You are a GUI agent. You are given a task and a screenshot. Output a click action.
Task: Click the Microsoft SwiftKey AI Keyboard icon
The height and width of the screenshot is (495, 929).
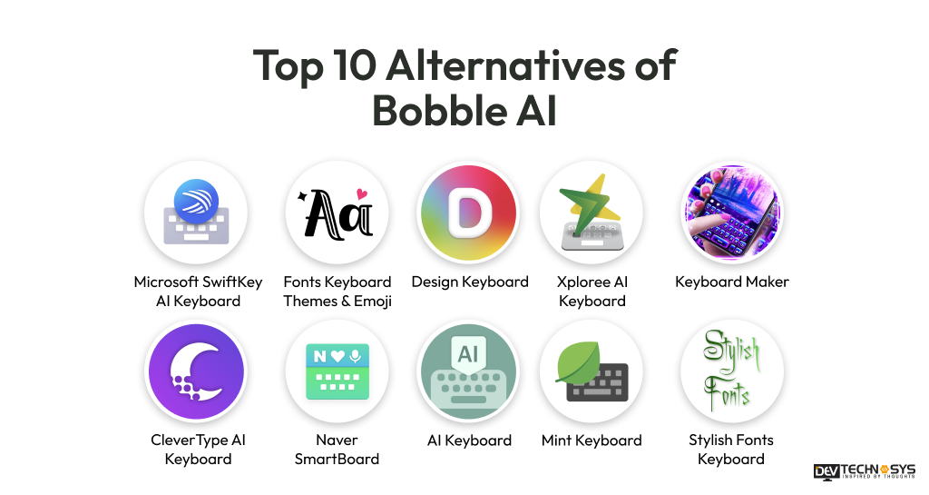[x=196, y=213]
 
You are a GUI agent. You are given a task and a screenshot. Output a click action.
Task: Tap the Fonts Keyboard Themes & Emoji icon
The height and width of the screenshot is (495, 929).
[x=337, y=213]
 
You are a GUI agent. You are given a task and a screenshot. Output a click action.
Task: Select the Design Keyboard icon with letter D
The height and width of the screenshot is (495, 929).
[x=468, y=213]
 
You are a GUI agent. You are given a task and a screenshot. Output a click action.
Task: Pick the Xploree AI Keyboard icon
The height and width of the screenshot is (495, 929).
[x=592, y=213]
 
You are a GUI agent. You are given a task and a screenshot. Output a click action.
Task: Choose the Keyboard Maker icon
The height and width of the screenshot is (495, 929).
[x=731, y=213]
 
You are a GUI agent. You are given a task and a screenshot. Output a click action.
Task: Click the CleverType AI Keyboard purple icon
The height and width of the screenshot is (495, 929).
[x=196, y=371]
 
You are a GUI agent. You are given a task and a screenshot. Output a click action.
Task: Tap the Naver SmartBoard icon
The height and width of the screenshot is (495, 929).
[x=337, y=371]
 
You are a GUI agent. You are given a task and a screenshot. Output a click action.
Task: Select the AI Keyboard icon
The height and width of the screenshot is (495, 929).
[x=468, y=371]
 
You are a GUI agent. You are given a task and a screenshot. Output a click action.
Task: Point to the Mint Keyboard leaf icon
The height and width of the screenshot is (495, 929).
[x=592, y=371]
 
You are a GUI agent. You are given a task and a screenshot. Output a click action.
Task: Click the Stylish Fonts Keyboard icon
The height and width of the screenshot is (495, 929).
[x=731, y=371]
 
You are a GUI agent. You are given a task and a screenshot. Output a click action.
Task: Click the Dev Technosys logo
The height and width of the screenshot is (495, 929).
[x=864, y=471]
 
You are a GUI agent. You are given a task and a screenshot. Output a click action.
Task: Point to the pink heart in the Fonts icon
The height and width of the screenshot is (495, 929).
[x=362, y=193]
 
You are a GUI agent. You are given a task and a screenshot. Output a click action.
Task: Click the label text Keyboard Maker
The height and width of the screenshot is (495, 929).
[x=731, y=282]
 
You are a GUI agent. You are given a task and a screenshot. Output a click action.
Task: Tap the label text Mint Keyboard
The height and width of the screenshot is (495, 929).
[x=592, y=441]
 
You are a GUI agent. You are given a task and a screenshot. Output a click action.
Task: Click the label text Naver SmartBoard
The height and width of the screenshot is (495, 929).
[x=337, y=450]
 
